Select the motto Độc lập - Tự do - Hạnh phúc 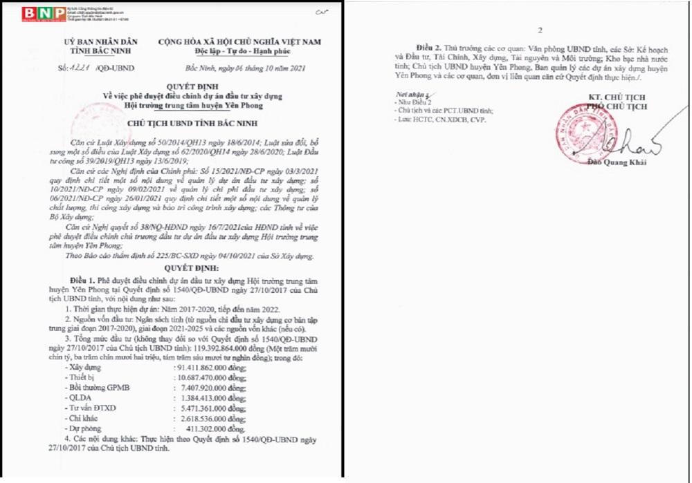(240, 52)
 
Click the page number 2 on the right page (540, 30)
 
